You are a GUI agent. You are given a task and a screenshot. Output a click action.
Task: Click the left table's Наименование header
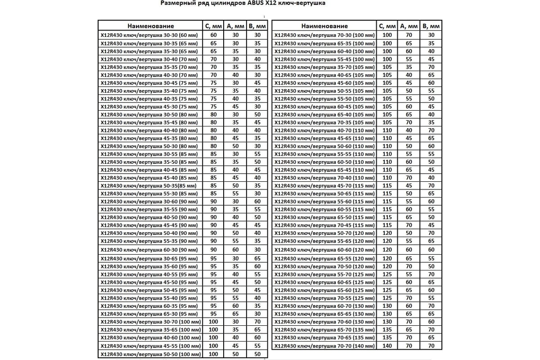[x=150, y=26]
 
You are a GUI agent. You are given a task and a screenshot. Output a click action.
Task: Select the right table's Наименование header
[x=324, y=26]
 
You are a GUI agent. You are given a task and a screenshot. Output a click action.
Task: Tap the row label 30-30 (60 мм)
[x=149, y=35]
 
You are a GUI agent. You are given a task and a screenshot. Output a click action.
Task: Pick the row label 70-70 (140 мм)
[x=324, y=346]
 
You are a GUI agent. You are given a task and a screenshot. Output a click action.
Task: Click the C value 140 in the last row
[x=387, y=346]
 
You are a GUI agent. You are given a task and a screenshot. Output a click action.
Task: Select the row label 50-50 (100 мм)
[x=149, y=354]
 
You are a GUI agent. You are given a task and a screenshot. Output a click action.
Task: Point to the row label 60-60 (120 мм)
[x=324, y=250]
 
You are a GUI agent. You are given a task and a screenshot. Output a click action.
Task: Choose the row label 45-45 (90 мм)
[x=149, y=225]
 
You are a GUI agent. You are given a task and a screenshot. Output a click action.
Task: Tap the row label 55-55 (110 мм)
[x=324, y=154]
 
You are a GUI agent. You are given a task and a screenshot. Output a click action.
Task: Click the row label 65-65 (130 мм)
[x=324, y=314]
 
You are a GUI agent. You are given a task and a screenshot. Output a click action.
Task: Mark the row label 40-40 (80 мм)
[x=149, y=130]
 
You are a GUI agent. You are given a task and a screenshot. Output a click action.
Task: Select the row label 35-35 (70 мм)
[x=149, y=67]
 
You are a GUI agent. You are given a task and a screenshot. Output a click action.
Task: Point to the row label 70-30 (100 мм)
[x=324, y=35]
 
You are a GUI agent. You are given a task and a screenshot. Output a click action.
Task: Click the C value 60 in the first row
[x=213, y=35]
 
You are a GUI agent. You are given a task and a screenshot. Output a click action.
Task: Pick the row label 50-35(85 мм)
[x=149, y=185]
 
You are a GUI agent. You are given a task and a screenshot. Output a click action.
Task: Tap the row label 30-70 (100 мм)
[x=149, y=322]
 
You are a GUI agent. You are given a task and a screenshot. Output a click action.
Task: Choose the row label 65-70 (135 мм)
[x=324, y=329]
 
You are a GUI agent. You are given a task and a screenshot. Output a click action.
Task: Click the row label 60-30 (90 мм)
[x=149, y=250]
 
